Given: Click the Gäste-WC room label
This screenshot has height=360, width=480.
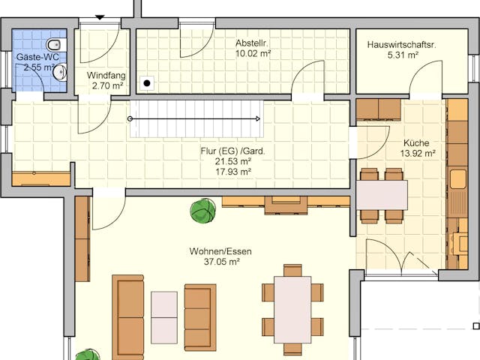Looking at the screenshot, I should pos(38,56).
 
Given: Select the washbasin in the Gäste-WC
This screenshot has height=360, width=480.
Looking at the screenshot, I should pos(60,72).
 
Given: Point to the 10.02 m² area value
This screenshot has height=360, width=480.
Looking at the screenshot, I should pos(253,53).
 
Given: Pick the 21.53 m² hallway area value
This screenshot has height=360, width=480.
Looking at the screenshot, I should pos(232,161).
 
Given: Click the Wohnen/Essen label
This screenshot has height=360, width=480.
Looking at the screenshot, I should pos(220,251).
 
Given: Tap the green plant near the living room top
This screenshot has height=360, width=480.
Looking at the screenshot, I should pos(202,211).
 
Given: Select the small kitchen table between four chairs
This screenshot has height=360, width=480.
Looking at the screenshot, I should pos(382,195).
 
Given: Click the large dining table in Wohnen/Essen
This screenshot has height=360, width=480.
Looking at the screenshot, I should pos(292,309).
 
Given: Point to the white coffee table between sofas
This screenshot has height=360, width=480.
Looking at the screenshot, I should pos(164,316).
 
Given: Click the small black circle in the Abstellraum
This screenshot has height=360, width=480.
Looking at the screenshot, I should pos(148,82).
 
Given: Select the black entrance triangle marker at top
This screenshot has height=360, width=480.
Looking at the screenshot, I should pos(100,17).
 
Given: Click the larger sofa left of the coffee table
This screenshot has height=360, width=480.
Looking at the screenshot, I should pos(128,316).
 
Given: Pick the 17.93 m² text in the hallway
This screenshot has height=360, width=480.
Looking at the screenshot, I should pos(232,171).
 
